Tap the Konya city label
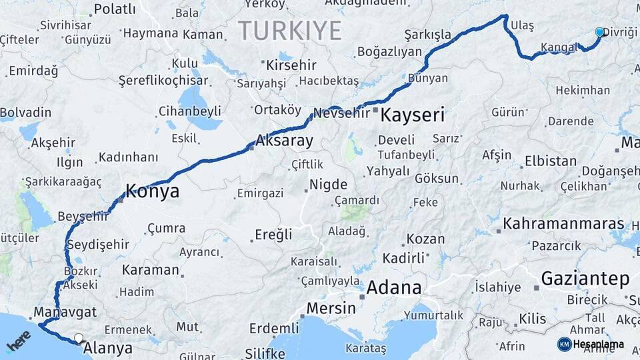[152, 191]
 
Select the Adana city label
[393, 288]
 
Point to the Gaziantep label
[585, 279]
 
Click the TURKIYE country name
[290, 31]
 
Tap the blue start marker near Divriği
[599, 32]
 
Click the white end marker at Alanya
[79, 339]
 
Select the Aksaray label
[284, 141]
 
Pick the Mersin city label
[331, 309]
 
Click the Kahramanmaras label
[563, 224]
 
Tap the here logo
[19, 341]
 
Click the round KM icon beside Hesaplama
[564, 344]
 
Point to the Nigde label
[328, 185]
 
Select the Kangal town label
[558, 48]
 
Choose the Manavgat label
[65, 312]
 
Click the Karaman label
[151, 270]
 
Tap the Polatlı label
[115, 9]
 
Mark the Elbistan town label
[551, 161]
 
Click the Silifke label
[265, 353]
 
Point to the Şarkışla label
[427, 35]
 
